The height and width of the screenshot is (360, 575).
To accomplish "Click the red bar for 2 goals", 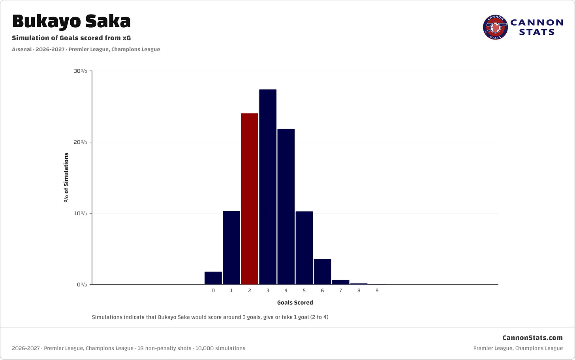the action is coord(250,199).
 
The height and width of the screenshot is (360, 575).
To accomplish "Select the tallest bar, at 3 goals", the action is coord(268,187).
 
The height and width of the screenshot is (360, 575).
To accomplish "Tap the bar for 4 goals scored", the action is coord(286,206).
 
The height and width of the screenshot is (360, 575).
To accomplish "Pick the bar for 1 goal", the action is coord(231,247).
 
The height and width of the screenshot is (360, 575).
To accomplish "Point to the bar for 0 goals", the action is coord(213,278).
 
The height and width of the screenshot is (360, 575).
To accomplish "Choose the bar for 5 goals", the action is coord(304,248).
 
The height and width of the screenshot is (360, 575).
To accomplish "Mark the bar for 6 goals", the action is coord(322,272).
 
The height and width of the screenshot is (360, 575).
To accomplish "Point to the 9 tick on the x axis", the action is coord(377,291).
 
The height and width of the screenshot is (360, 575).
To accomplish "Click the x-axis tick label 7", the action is coord(341,291).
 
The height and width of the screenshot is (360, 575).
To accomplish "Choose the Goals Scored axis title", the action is coord(295,302).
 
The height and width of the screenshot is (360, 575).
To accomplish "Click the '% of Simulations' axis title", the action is coord(66,178).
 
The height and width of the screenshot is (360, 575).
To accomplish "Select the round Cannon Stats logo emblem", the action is coord(495,27).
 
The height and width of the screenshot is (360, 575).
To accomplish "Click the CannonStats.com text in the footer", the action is coord(533,337).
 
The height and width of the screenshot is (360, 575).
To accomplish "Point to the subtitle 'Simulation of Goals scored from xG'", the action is coord(71,38).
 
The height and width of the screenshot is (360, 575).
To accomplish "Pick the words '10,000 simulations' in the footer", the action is coord(220,348).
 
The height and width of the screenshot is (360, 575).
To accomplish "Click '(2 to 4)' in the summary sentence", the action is coord(319,317).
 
